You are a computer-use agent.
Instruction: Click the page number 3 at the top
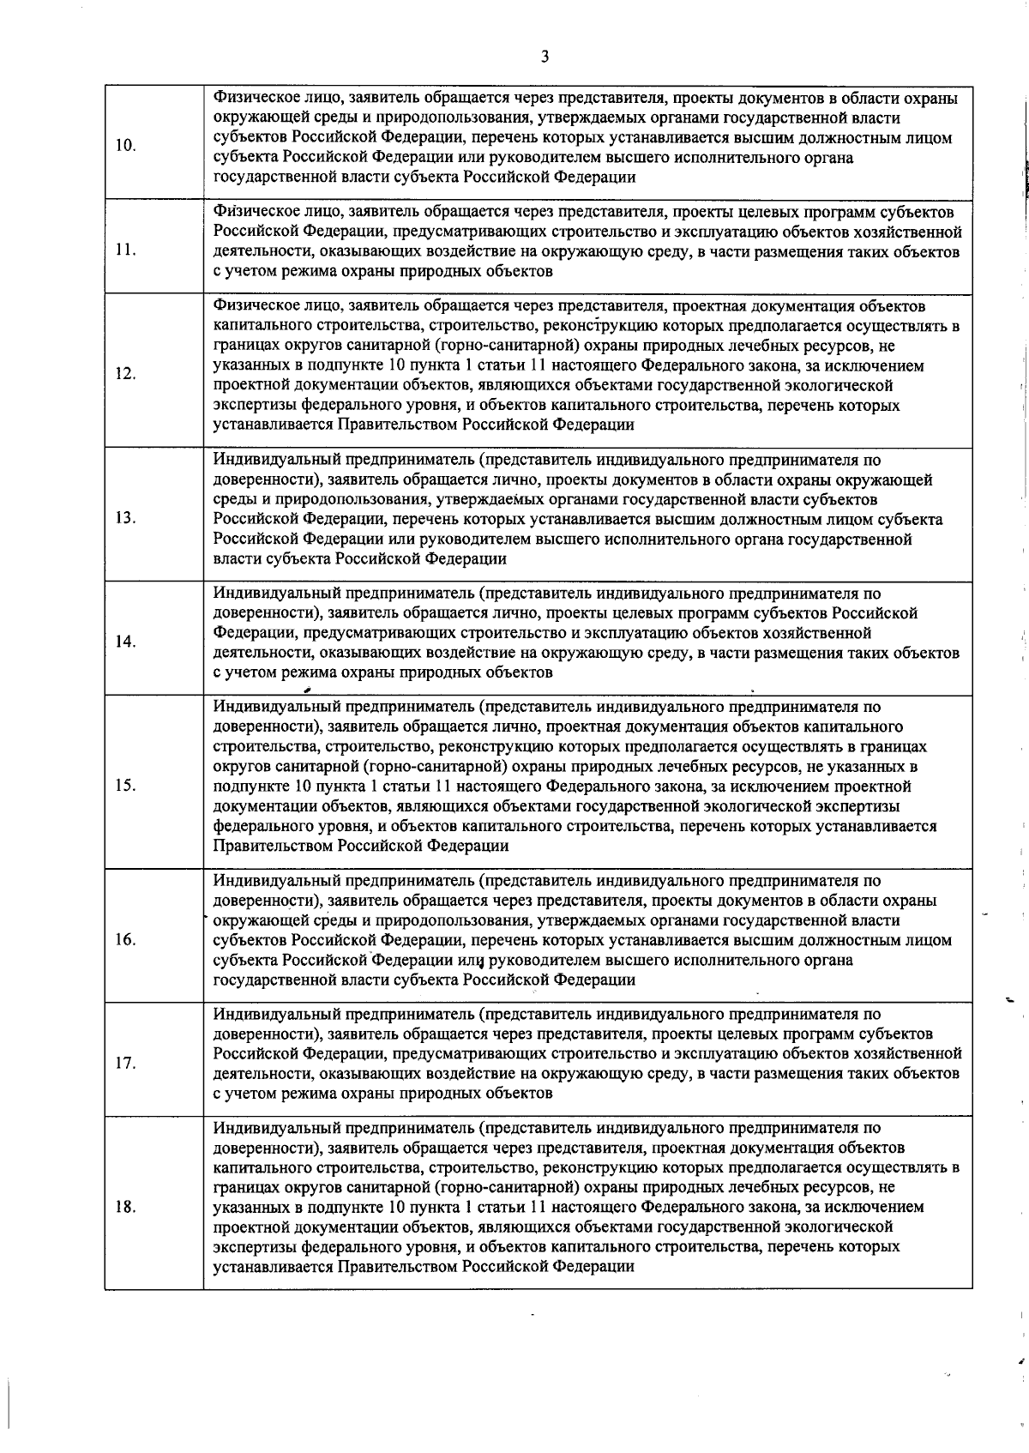[545, 57]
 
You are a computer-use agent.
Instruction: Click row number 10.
[125, 145]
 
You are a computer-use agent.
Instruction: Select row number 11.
[125, 250]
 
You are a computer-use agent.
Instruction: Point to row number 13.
[125, 518]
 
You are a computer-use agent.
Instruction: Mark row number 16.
[125, 939]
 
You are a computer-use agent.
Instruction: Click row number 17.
[125, 1063]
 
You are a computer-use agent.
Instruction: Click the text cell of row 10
[587, 138]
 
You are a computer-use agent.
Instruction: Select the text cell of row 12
[587, 365]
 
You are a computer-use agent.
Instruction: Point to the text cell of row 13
[587, 509]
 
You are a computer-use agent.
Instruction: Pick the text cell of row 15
[587, 776]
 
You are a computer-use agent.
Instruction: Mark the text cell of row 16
[587, 931]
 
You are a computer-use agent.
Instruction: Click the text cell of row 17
[587, 1054]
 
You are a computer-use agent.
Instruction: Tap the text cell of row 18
[587, 1198]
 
